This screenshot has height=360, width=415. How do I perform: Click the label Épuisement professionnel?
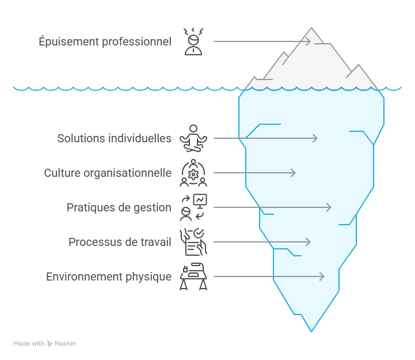(105, 41)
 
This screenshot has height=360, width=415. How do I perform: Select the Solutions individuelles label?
(114, 138)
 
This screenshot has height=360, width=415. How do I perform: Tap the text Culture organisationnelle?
(108, 173)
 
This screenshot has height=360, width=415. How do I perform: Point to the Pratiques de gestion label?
(119, 207)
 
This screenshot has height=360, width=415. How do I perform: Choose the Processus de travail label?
(120, 242)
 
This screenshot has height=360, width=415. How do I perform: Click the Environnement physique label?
(109, 276)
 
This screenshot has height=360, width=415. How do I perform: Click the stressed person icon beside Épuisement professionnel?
(193, 41)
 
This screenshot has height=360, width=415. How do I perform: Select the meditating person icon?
(193, 138)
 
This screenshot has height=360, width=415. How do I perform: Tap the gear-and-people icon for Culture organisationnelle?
(193, 173)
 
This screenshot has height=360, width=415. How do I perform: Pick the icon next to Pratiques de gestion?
(193, 207)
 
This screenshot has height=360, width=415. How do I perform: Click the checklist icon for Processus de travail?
(193, 242)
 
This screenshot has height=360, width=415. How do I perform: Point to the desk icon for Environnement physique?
(193, 276)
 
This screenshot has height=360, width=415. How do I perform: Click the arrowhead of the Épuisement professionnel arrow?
(309, 41)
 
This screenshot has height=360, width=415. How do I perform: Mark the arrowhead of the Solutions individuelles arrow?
(315, 138)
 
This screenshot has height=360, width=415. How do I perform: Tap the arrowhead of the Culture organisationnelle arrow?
(294, 173)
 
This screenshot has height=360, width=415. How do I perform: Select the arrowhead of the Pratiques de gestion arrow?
(329, 207)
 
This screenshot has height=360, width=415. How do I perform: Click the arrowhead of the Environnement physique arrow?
(322, 276)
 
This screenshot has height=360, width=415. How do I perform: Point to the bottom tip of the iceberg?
(311, 331)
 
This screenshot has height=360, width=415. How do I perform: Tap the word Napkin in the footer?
(65, 344)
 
